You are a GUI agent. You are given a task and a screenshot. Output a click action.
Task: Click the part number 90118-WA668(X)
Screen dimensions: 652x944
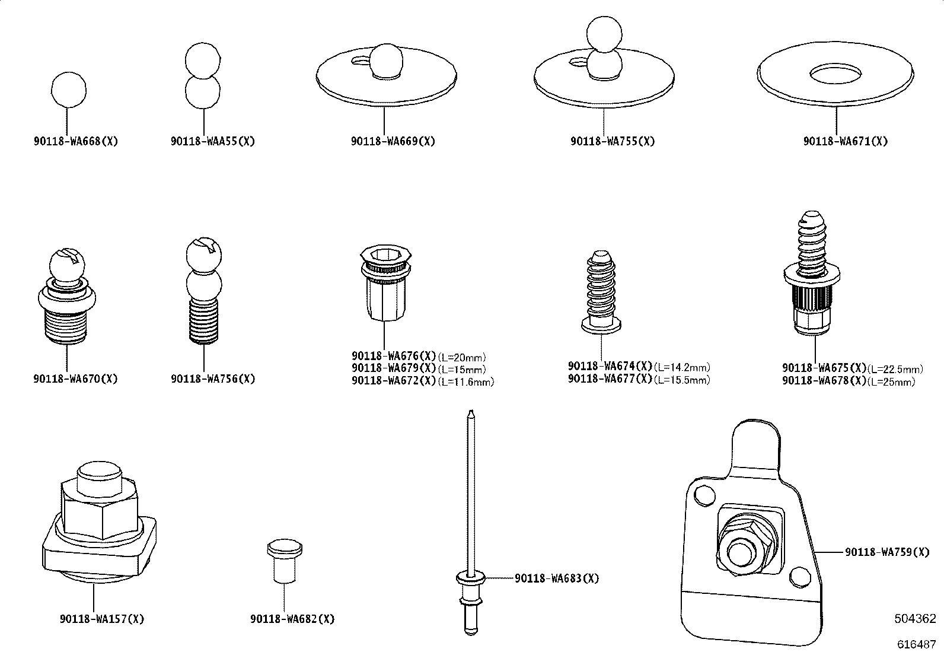tap(76, 142)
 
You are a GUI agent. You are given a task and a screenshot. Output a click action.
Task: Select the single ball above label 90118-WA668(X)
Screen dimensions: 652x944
tap(69, 90)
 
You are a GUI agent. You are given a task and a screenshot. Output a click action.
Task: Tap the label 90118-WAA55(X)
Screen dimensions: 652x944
tap(213, 142)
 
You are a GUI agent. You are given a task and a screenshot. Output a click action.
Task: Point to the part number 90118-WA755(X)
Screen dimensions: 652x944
tap(613, 142)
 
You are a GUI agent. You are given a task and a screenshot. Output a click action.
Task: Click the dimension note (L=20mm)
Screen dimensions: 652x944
tap(462, 358)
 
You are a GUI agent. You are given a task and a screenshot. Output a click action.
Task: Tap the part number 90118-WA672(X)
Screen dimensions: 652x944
tap(394, 381)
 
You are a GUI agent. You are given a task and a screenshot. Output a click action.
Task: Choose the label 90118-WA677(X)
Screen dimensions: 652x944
tap(610, 379)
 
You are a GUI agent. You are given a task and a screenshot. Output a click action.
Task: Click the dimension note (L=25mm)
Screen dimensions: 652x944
tap(891, 382)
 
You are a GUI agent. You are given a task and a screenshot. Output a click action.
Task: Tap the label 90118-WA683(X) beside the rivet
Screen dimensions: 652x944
tap(557, 578)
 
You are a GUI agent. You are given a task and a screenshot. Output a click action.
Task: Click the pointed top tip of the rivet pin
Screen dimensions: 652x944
tap(470, 412)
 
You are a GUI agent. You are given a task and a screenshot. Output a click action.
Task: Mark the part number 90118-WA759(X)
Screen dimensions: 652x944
tap(887, 552)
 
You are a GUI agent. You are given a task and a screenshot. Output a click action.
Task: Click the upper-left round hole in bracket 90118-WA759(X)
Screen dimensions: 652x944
tap(703, 495)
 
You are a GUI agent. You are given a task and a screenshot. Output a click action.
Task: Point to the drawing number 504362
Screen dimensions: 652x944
tap(915, 619)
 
